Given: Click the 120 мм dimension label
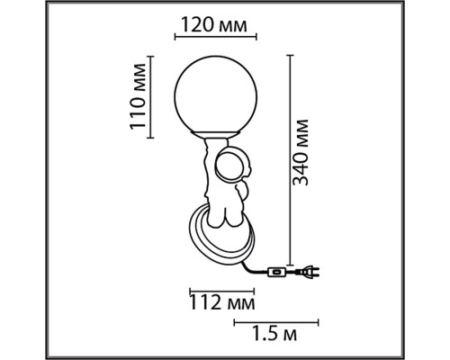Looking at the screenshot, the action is point(214,25).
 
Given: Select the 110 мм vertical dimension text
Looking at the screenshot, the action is point(138,96).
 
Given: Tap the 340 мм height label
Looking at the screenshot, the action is point(301,152).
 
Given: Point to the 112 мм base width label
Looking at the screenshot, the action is point(222,303).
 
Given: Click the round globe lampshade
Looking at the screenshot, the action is point(216,94).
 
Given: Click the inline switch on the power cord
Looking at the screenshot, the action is point(277,273).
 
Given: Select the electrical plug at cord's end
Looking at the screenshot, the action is point(307,272).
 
